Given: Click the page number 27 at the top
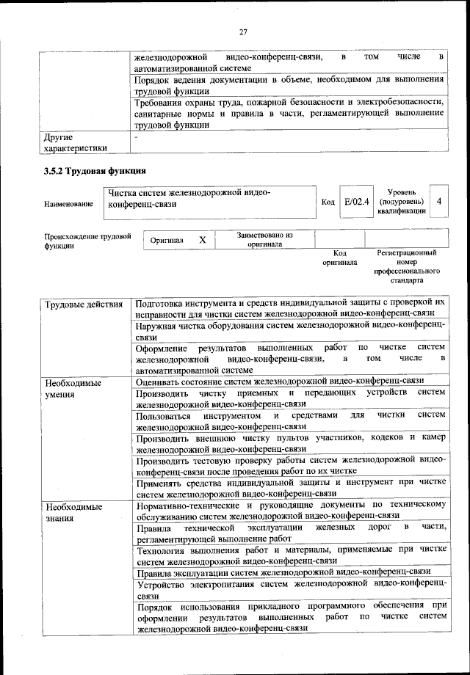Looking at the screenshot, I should tap(244, 32).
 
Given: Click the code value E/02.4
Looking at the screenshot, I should tap(356, 201).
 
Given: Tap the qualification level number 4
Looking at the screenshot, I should tap(438, 201).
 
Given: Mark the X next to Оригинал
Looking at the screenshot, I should tap(203, 240).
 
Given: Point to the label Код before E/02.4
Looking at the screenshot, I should tap(328, 202).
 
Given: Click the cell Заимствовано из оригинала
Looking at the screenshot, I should tap(264, 240).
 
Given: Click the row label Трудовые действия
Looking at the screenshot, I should tap(83, 304).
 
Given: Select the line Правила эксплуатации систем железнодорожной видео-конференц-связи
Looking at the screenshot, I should tap(283, 572).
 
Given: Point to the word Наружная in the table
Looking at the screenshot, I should tap(159, 324).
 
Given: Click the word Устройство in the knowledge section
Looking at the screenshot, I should tap(164, 584).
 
